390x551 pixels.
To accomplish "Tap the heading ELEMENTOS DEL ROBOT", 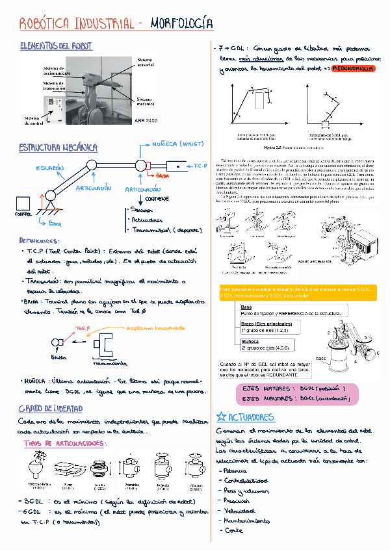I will [x=56, y=47].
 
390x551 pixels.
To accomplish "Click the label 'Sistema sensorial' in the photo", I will [x=146, y=62].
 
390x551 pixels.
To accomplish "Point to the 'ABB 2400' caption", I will [x=145, y=122].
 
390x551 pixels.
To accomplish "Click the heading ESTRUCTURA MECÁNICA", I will [x=58, y=147].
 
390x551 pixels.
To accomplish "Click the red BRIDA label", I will [x=162, y=176].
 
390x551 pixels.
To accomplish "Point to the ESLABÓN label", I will [x=49, y=168].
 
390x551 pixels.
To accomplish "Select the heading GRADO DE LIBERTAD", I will [x=51, y=408].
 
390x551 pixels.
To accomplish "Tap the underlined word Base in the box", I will [x=246, y=307].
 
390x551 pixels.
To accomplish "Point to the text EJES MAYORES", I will [x=267, y=388].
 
